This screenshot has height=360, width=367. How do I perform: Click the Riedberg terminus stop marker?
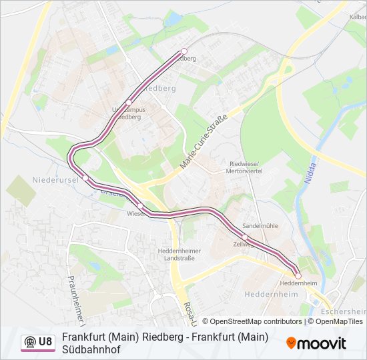pos(184,51)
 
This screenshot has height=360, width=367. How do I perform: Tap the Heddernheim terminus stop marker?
pos(298,275)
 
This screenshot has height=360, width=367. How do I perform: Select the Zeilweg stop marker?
pos(246,237)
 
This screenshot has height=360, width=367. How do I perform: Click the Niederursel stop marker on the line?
pos(85,177)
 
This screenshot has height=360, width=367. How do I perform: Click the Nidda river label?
pos(311,175)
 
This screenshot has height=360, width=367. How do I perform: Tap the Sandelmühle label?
pos(260,226)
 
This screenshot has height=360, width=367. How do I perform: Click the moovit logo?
pos(316,343)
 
